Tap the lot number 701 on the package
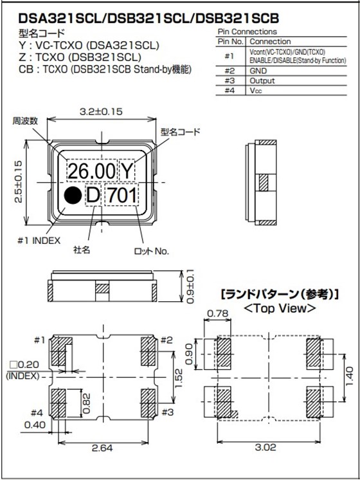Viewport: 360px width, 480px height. coord(122,195)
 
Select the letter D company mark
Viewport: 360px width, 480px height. coord(93,195)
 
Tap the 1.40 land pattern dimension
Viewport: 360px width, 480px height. coord(349,373)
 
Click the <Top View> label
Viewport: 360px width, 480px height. coord(280,309)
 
